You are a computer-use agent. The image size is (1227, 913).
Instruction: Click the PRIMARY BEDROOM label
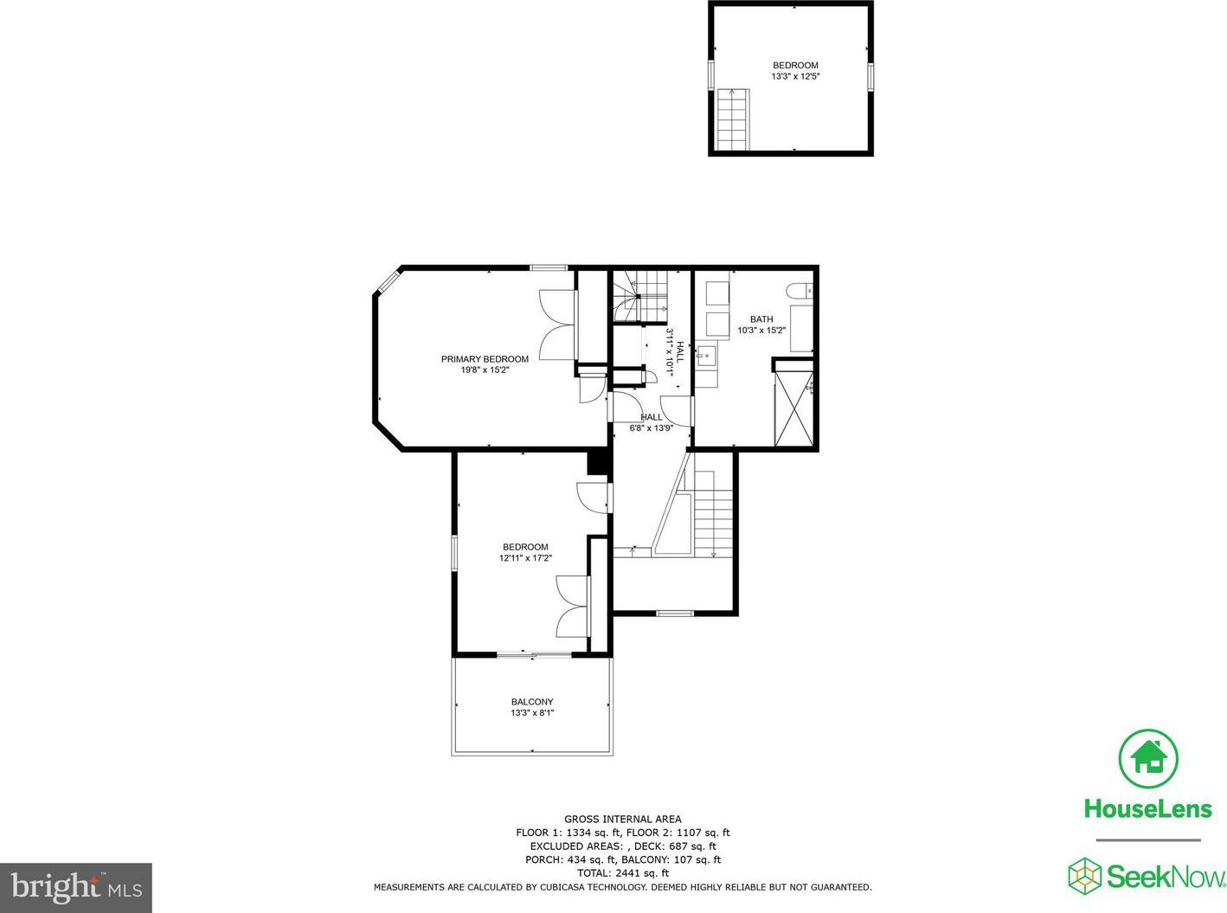[485, 359]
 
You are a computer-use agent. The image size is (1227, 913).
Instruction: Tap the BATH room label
[761, 319]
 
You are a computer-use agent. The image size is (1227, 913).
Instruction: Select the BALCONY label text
[532, 702]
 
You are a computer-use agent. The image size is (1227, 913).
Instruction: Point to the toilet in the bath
[800, 291]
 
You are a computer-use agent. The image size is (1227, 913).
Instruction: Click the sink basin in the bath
[706, 356]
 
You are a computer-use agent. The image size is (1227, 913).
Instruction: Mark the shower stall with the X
[793, 408]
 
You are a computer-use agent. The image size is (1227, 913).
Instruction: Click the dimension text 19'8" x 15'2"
[485, 370]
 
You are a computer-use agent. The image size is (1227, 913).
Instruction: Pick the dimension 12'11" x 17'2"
[525, 558]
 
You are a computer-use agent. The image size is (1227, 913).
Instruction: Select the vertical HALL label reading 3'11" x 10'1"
[675, 352]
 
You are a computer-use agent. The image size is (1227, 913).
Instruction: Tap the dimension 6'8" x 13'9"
[651, 428]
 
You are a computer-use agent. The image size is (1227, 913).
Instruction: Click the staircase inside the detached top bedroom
[734, 119]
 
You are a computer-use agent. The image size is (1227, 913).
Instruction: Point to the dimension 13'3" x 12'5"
[795, 76]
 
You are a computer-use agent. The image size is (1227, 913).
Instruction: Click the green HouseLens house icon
[1148, 758]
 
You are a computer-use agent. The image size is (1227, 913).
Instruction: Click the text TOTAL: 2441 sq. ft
[622, 873]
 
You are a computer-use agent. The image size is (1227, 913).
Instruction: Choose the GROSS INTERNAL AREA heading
[622, 819]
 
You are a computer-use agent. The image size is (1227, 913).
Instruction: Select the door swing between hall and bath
[676, 411]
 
